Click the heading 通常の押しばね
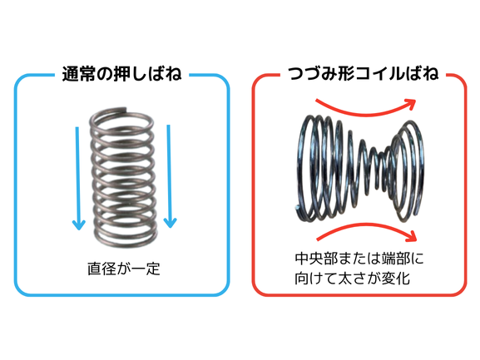pos(121,74)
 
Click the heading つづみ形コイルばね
pos(364,73)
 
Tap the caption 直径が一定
pos(124,269)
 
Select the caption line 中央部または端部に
pos(359,259)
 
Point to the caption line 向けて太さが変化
pos(353,278)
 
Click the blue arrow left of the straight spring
pos(78,178)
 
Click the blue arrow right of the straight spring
pos(169,176)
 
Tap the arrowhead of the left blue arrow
pos(79,224)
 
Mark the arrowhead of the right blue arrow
pos(171,223)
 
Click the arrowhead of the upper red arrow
pos(411,104)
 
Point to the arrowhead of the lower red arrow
pos(412,236)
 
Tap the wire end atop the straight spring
pos(124,109)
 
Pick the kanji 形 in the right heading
pos(346,73)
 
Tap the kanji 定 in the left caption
pos(153,269)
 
